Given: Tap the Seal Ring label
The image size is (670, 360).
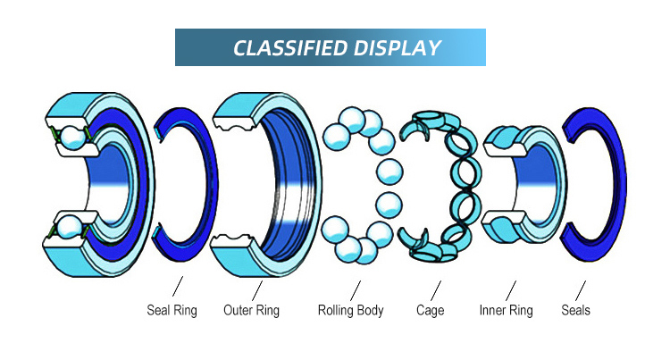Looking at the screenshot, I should point(172,311).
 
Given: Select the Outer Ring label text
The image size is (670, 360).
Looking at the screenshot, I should point(250,311).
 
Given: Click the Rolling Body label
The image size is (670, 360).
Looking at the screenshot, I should point(350,311).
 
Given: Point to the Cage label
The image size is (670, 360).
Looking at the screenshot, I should point(430,311).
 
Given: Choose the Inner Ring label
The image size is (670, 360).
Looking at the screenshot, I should point(506,311).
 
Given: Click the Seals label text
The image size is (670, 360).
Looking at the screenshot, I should point(575,311).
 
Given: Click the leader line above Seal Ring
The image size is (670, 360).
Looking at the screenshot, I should point(177,289).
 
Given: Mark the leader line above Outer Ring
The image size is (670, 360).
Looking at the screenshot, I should point(256,289).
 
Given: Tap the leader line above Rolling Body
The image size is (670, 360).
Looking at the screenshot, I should point(356,289).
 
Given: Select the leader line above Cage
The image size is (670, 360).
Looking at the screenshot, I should point(436,289).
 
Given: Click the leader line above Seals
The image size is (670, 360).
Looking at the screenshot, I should point(581,289).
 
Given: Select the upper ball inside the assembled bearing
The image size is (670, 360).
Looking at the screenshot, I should point(71,139).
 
